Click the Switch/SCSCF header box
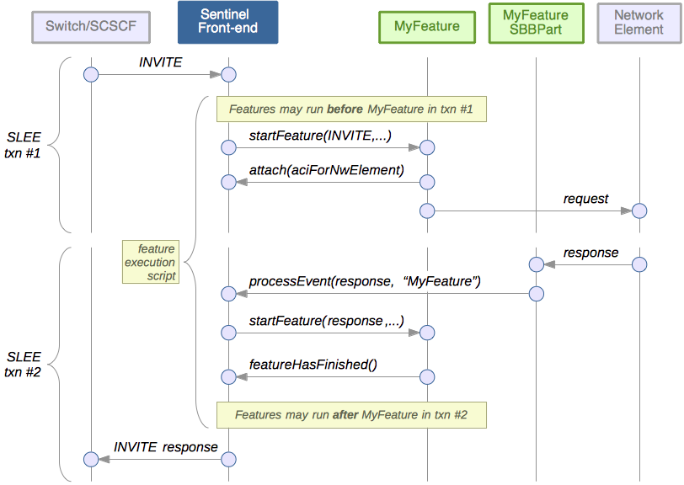coord(90,27)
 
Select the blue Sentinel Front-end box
coord(228,23)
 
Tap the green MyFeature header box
coord(427,27)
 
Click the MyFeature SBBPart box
coord(535,23)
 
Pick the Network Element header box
coord(639,23)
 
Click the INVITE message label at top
coord(160,63)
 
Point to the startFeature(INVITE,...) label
coord(320,136)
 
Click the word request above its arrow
coord(585,199)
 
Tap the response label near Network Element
coord(590,253)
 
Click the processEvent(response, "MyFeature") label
coord(364,281)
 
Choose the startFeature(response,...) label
coord(326,321)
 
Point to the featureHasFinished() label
coord(313,364)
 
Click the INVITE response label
coord(165,447)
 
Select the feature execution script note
coord(150,262)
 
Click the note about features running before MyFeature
coord(351,109)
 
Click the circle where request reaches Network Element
coord(639,210)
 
